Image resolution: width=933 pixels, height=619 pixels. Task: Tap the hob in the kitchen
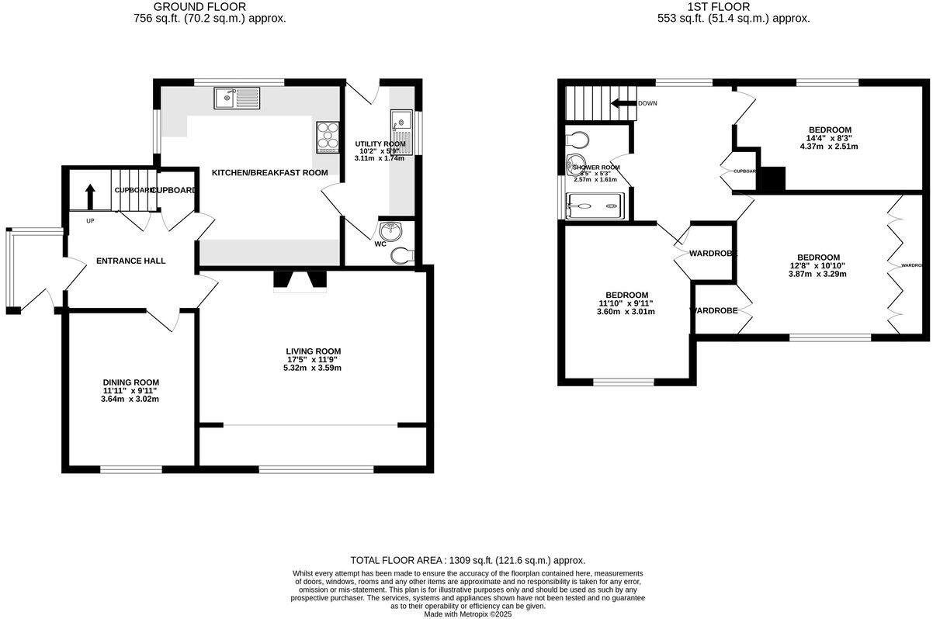tap(328, 137)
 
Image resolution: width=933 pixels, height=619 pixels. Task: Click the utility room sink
tap(402, 129)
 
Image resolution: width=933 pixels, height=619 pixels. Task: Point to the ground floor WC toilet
tap(402, 255)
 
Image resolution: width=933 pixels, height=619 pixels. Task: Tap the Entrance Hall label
tap(130, 261)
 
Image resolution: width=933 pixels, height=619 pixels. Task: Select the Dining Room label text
tap(131, 382)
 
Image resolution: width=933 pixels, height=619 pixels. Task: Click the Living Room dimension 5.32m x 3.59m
tap(312, 368)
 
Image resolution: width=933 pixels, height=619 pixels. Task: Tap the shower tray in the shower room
tap(595, 206)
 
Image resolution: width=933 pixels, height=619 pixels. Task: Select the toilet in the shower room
tap(577, 140)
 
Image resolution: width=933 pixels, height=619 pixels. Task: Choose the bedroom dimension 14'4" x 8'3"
tap(830, 138)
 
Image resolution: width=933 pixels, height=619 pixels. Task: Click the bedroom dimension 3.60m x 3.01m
tap(626, 312)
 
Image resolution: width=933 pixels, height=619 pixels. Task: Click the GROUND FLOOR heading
tap(210, 7)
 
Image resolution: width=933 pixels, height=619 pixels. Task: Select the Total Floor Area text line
tap(467, 560)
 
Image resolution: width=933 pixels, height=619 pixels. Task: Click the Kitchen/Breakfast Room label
tap(270, 172)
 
